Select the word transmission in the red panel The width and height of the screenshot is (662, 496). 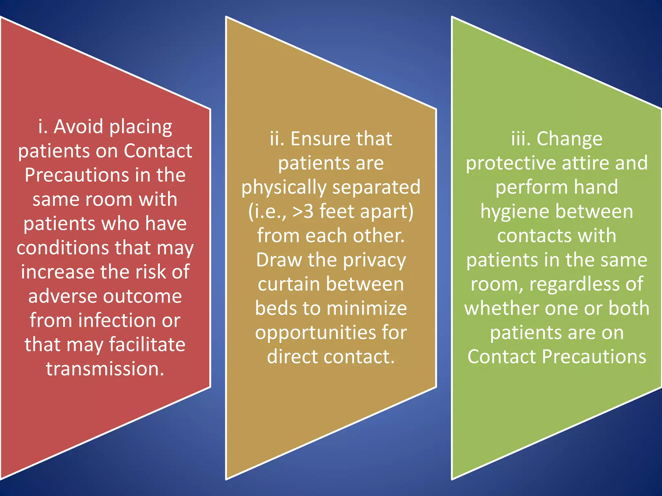[105, 369]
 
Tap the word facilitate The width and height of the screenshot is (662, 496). [147, 345]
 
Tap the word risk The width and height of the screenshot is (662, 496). [150, 272]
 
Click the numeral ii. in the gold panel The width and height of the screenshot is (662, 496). [277, 139]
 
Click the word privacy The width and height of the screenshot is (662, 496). [374, 260]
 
